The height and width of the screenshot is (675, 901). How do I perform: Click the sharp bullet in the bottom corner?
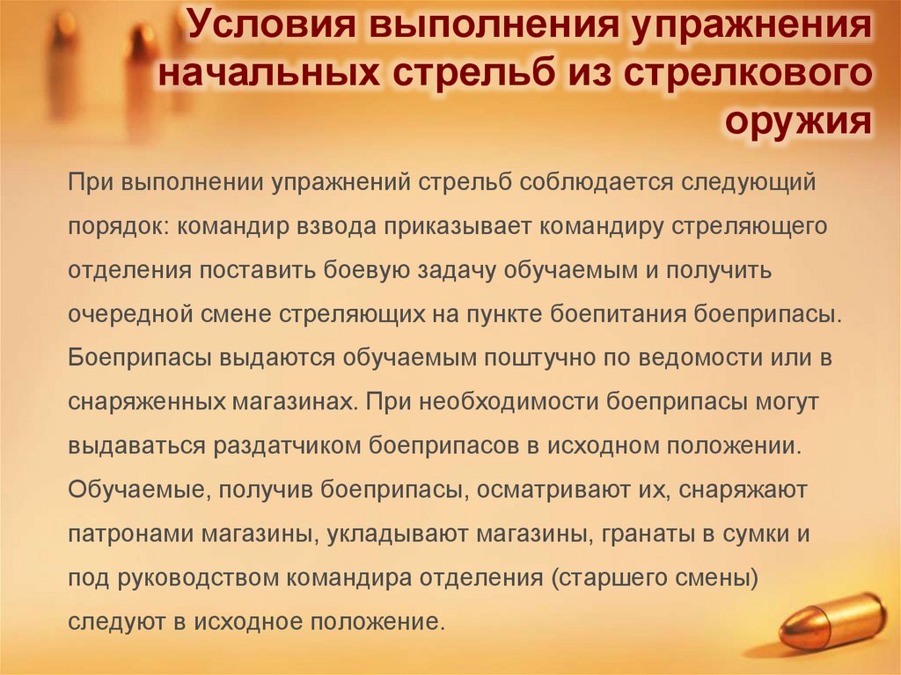click(x=831, y=620)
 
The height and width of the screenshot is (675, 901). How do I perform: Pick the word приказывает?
click(x=456, y=226)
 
